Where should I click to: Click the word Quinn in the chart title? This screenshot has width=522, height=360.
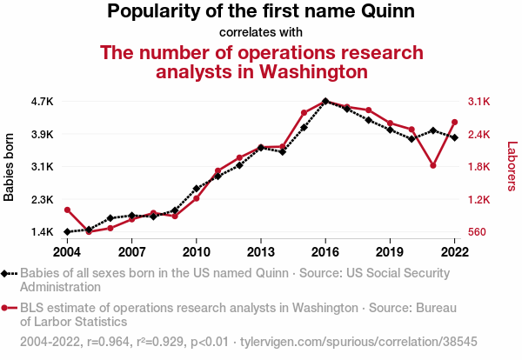pyautogui.click(x=386, y=12)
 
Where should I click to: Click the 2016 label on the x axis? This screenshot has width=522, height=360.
pyautogui.click(x=325, y=252)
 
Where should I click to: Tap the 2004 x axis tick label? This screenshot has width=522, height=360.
pyautogui.click(x=67, y=252)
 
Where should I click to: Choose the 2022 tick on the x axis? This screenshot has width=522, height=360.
pyautogui.click(x=454, y=252)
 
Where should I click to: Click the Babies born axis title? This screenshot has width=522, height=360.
pyautogui.click(x=10, y=167)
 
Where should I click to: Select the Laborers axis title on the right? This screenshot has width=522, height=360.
pyautogui.click(x=512, y=167)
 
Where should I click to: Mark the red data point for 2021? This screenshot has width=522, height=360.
pyautogui.click(x=432, y=165)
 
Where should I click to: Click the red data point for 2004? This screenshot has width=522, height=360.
pyautogui.click(x=67, y=210)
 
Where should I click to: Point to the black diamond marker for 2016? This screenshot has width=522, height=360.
pyautogui.click(x=325, y=101)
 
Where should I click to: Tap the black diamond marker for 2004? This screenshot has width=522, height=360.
pyautogui.click(x=67, y=232)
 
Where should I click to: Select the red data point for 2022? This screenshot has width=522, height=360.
pyautogui.click(x=454, y=122)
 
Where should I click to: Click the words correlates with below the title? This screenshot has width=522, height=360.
pyautogui.click(x=261, y=33)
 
